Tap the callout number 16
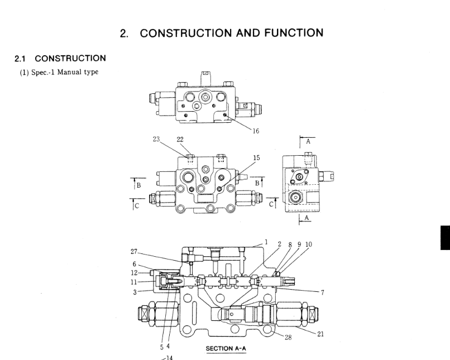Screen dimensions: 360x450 tap(256, 132)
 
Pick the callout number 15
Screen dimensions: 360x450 tap(256, 158)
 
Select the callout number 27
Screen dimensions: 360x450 tap(134, 251)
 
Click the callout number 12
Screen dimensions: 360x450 tap(134, 273)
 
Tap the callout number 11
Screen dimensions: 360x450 tap(134, 282)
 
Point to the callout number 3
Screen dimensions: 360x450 tap(136, 291)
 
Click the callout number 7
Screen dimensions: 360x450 tap(323, 292)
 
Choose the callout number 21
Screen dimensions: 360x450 tap(320, 334)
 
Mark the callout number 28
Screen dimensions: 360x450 tap(288, 337)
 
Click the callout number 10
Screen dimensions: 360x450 tap(309, 244)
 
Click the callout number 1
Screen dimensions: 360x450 tap(266, 242)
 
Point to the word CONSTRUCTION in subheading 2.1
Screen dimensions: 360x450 tap(70, 58)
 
